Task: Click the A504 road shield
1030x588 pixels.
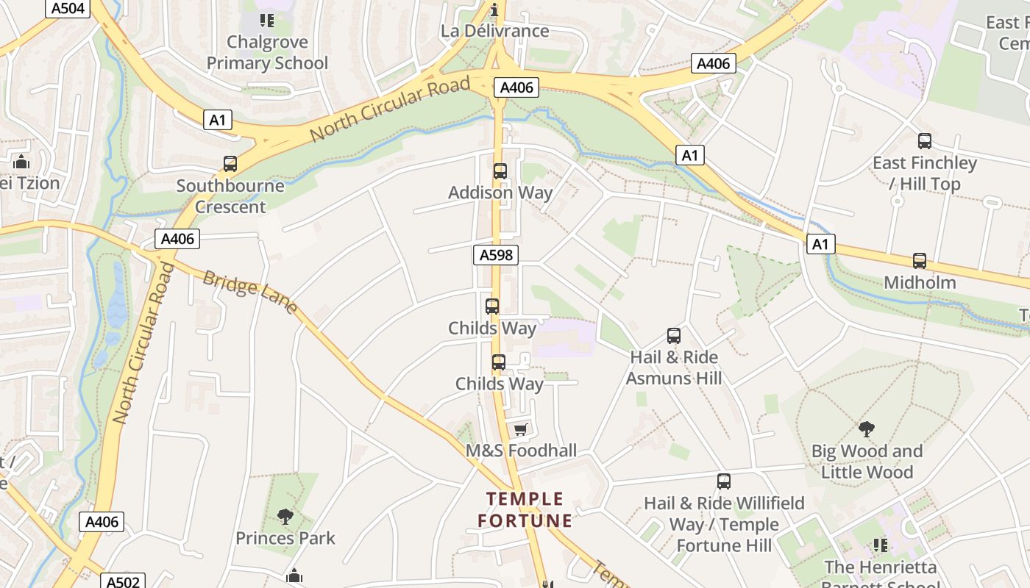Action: [x=68, y=8]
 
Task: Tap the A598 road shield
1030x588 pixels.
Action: [x=495, y=255]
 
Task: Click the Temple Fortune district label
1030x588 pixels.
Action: [x=525, y=510]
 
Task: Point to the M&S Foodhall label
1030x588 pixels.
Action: [x=521, y=451]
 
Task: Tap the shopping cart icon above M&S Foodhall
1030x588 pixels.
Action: [x=521, y=429]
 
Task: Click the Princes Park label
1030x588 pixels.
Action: [x=285, y=538]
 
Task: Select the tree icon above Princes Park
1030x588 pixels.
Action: [x=285, y=517]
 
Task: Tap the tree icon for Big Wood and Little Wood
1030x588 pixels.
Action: [x=867, y=429]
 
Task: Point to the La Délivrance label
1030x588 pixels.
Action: [x=494, y=31]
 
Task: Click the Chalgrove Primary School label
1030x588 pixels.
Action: [x=267, y=52]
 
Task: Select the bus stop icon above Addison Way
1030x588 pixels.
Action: [x=500, y=171]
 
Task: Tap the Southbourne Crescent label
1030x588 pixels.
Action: [x=230, y=196]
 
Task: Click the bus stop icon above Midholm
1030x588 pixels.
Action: [x=920, y=261]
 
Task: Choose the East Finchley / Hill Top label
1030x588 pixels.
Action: [x=924, y=173]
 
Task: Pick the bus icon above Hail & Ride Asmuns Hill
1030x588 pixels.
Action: [x=674, y=336]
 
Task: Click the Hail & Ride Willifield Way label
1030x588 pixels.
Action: [x=724, y=524]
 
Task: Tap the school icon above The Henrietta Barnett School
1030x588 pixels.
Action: [x=881, y=545]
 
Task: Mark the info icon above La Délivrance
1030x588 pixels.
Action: [x=494, y=10]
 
